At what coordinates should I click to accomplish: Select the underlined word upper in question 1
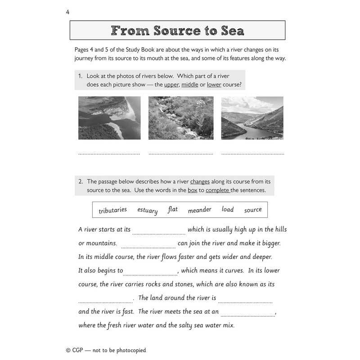coord(171,85)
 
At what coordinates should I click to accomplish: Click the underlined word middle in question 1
coord(189,85)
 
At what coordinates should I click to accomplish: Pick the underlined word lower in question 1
coord(214,85)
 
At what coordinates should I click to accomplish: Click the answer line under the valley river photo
coord(253,154)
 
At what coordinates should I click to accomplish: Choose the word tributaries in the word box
coord(112,210)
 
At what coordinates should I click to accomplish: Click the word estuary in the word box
coord(147,210)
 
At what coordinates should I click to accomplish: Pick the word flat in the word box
coord(173,209)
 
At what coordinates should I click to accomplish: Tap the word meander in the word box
coord(199,210)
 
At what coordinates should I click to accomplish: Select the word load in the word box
coord(228,209)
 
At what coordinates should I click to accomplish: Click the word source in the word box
coord(253,210)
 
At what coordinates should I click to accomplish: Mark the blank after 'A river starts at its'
coord(159,233)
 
